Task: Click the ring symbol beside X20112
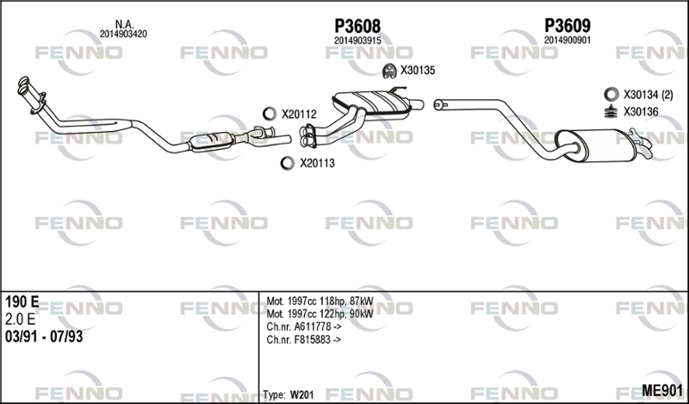(268, 114)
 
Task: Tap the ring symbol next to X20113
(287, 162)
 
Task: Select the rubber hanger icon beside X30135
(388, 70)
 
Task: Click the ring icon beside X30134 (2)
(610, 94)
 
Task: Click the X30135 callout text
(418, 71)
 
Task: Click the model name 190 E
(21, 301)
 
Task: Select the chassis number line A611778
(302, 326)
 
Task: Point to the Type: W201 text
(289, 393)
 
